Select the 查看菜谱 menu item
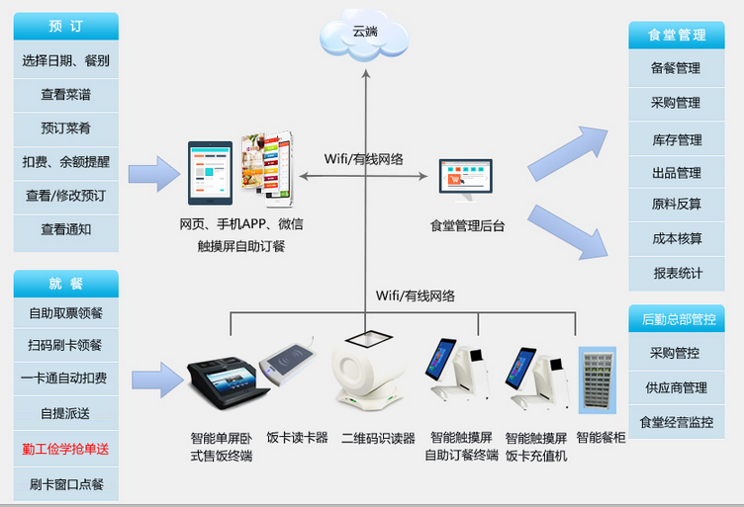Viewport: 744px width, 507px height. [x=65, y=95]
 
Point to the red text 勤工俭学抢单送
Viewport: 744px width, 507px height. [x=65, y=449]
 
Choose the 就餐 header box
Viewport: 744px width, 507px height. [x=65, y=284]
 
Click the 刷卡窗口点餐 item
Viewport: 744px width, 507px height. [x=65, y=484]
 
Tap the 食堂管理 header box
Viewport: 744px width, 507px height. [x=677, y=35]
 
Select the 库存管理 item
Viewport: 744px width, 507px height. [x=677, y=139]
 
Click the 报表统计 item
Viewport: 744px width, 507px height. [x=677, y=273]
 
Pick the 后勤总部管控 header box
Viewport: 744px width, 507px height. [x=677, y=319]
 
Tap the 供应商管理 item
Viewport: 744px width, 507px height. [x=677, y=387]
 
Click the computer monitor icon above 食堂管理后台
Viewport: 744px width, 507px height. [x=465, y=181]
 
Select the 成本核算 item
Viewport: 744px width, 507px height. [x=677, y=238]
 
